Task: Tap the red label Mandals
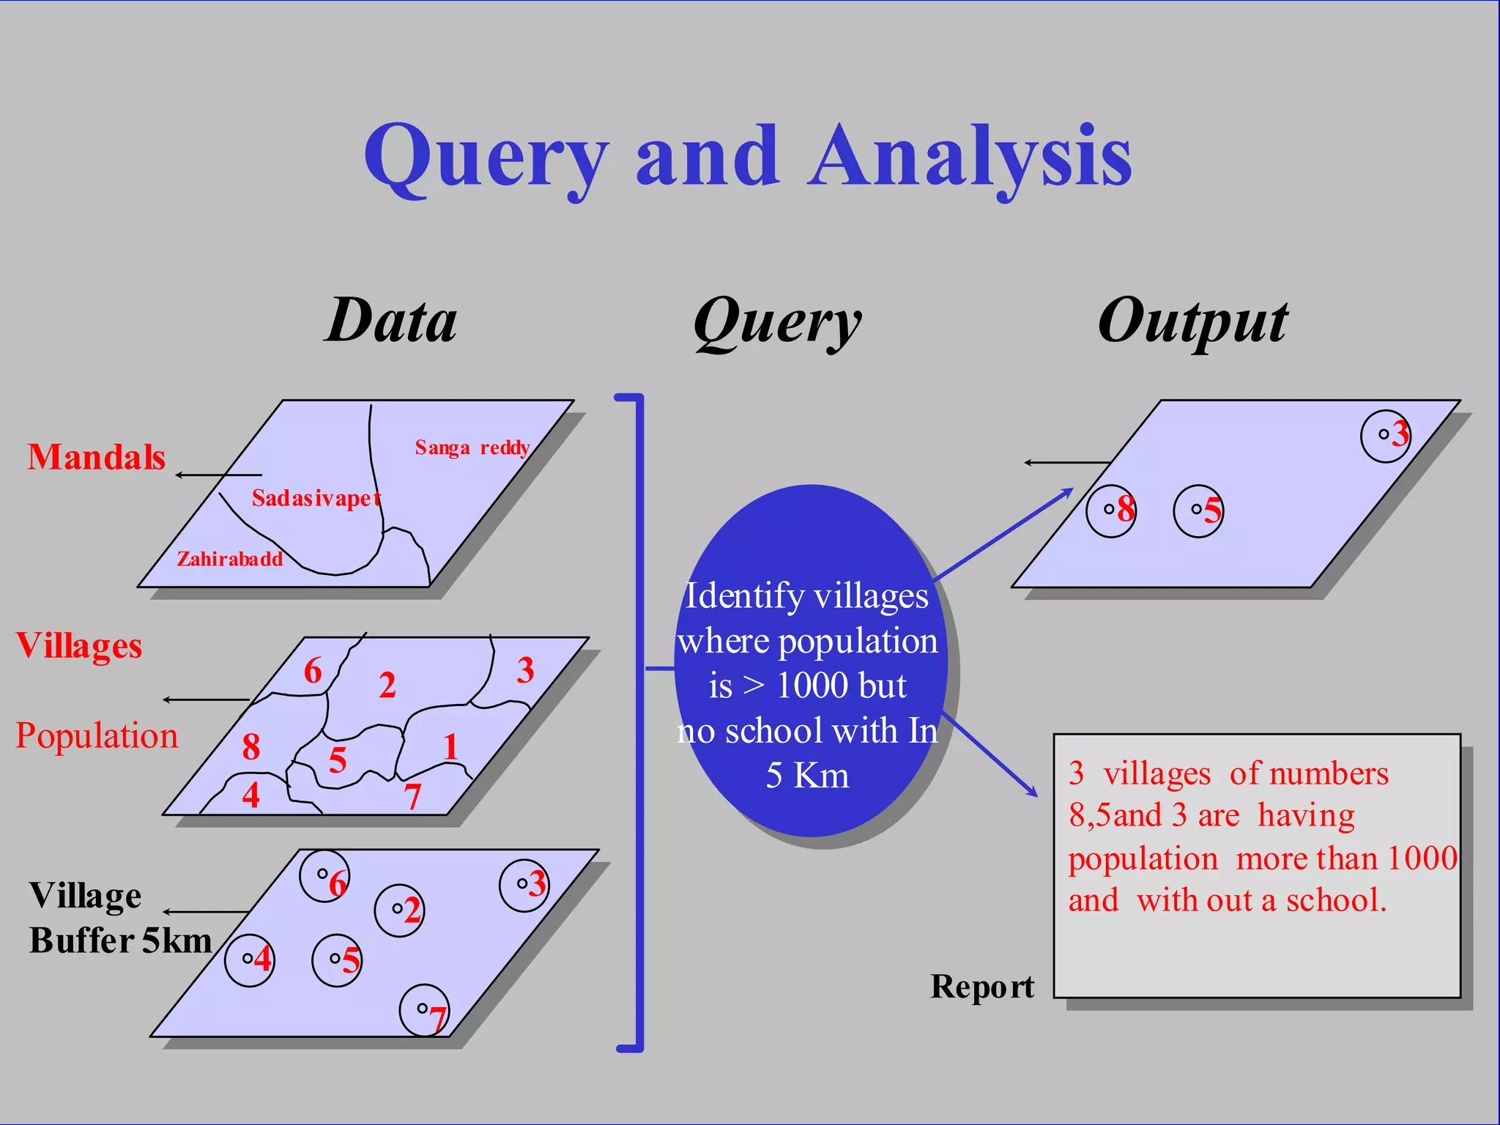(96, 457)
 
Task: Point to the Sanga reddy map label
(472, 448)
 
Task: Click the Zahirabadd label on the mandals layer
(229, 559)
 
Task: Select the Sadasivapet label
(316, 499)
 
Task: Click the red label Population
(97, 735)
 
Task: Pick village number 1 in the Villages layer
(450, 748)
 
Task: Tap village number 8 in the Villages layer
(251, 747)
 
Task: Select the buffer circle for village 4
(250, 959)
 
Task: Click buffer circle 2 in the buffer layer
(400, 910)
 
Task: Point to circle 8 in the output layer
(1112, 510)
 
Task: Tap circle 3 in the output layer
(1386, 436)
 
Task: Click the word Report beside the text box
(982, 987)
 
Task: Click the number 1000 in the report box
(1422, 858)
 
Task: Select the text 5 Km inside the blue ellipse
(807, 776)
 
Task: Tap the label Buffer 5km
(120, 941)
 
